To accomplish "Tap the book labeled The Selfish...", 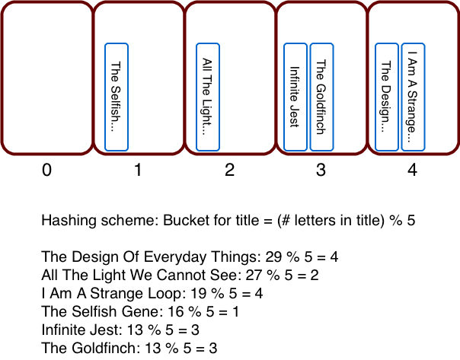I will (117, 97).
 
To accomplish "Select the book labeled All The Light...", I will (208, 97).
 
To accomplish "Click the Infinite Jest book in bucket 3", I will (295, 97).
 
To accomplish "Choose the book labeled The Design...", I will (386, 97).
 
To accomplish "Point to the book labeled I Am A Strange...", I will (413, 97).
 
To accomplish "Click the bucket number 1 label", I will (138, 171).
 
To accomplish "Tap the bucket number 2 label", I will (229, 171).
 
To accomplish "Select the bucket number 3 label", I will (321, 171).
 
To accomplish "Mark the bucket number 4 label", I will (412, 171).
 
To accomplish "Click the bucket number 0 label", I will (46, 171).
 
